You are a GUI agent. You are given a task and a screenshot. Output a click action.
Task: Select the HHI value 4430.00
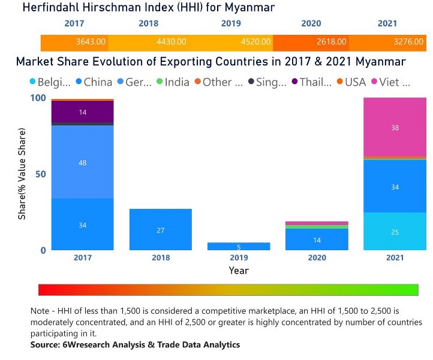pyautogui.click(x=172, y=42)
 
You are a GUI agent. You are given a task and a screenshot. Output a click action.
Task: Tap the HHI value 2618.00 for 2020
pyautogui.click(x=331, y=42)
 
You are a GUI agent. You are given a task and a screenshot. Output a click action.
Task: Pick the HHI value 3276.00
pyautogui.click(x=407, y=42)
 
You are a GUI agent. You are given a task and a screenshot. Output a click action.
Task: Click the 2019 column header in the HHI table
pyautogui.click(x=231, y=24)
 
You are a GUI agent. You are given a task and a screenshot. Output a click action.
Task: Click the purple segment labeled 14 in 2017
pyautogui.click(x=82, y=112)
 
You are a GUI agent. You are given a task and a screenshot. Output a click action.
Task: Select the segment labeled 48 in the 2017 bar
pyautogui.click(x=82, y=162)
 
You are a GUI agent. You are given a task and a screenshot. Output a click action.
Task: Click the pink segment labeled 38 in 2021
pyautogui.click(x=395, y=127)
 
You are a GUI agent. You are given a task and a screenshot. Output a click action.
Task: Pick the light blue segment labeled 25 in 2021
pyautogui.click(x=395, y=232)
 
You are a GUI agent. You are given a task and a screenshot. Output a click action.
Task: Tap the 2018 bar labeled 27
pyautogui.click(x=160, y=230)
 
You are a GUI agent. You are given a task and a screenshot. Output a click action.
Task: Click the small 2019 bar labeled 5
pyautogui.click(x=238, y=247)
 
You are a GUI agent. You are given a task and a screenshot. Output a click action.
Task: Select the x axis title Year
pyautogui.click(x=238, y=271)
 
